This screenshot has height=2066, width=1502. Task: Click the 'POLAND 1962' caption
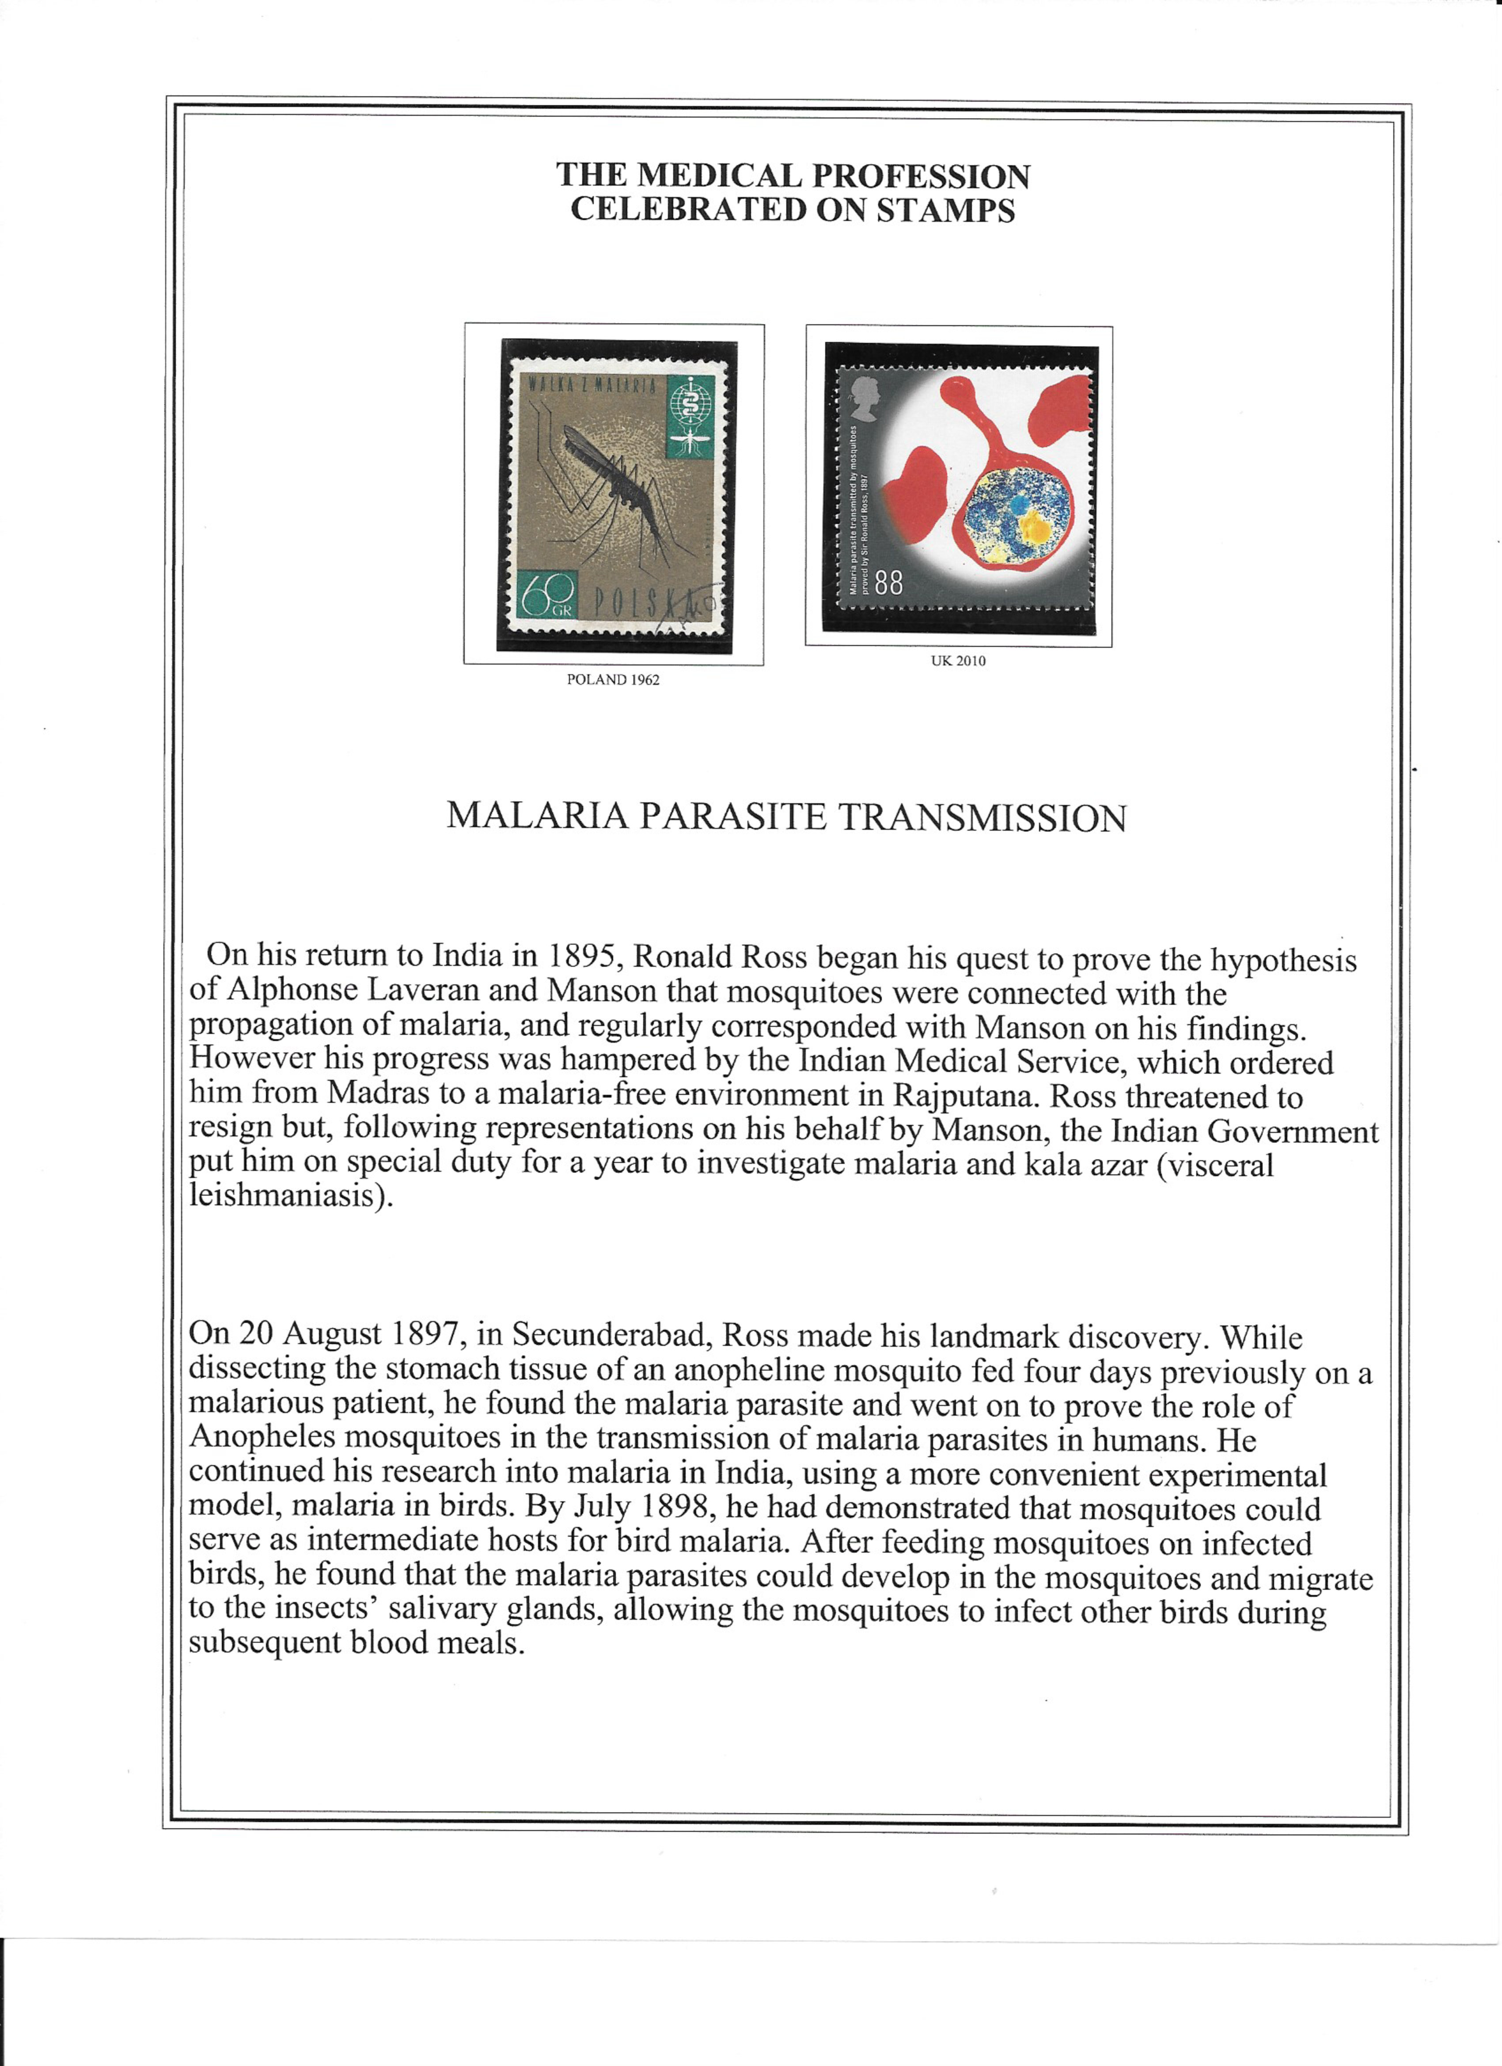coord(613,680)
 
